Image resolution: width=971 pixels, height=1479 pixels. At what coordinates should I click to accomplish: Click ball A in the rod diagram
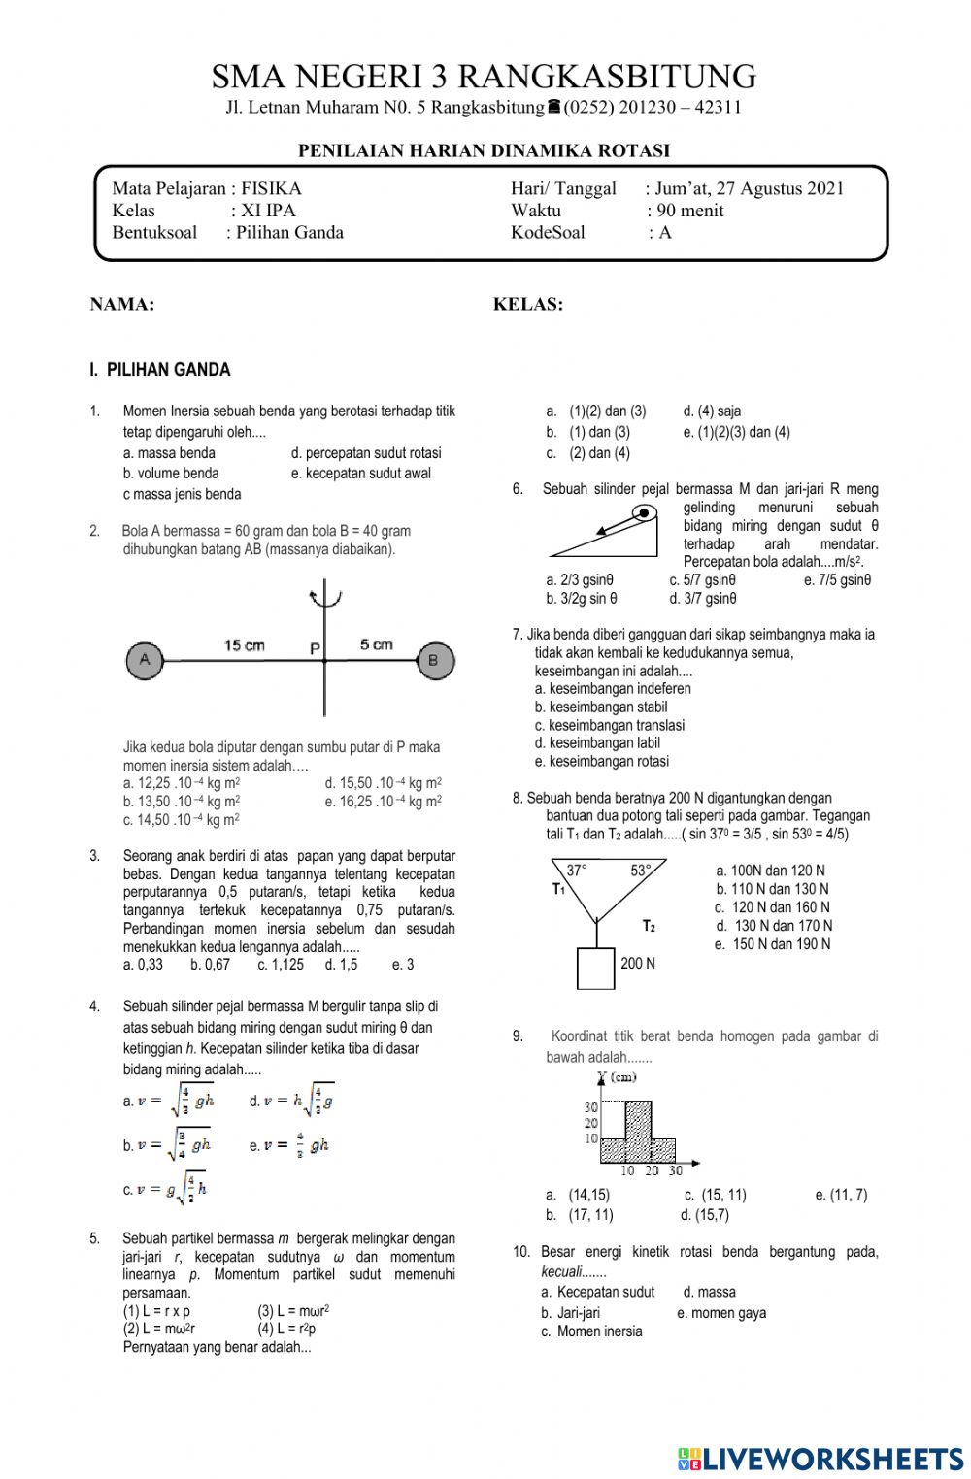tap(145, 660)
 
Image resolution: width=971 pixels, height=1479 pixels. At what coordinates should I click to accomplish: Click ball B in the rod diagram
tap(434, 660)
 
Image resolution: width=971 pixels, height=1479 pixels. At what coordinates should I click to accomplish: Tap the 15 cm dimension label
tap(244, 645)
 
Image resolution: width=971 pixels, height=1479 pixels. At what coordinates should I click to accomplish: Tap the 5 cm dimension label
tap(376, 644)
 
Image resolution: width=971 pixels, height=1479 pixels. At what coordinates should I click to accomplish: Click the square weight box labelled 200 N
tap(595, 968)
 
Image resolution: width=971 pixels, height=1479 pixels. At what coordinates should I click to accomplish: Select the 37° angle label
tap(577, 871)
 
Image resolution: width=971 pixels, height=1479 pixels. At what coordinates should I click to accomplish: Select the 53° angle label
tap(641, 871)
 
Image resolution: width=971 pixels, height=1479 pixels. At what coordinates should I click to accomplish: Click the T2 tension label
tap(648, 926)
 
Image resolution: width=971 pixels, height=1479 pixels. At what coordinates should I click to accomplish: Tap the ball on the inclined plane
tap(643, 512)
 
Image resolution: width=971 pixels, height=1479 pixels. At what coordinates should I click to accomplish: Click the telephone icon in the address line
tap(553, 107)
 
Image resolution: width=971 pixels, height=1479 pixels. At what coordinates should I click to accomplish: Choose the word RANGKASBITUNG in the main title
tap(607, 77)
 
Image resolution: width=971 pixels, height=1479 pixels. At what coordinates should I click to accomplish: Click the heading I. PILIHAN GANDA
tap(160, 370)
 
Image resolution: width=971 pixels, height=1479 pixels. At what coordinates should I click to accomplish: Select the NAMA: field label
tap(122, 305)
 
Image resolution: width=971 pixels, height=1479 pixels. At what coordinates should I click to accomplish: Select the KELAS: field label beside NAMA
tap(528, 305)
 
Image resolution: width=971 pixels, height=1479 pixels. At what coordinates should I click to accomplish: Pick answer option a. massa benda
tap(169, 453)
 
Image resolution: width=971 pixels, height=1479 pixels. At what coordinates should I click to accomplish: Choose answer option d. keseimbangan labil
tap(597, 743)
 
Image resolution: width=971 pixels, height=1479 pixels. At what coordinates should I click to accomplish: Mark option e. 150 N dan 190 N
tap(773, 944)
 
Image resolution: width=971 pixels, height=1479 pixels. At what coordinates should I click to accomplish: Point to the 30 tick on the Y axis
tap(590, 1107)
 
